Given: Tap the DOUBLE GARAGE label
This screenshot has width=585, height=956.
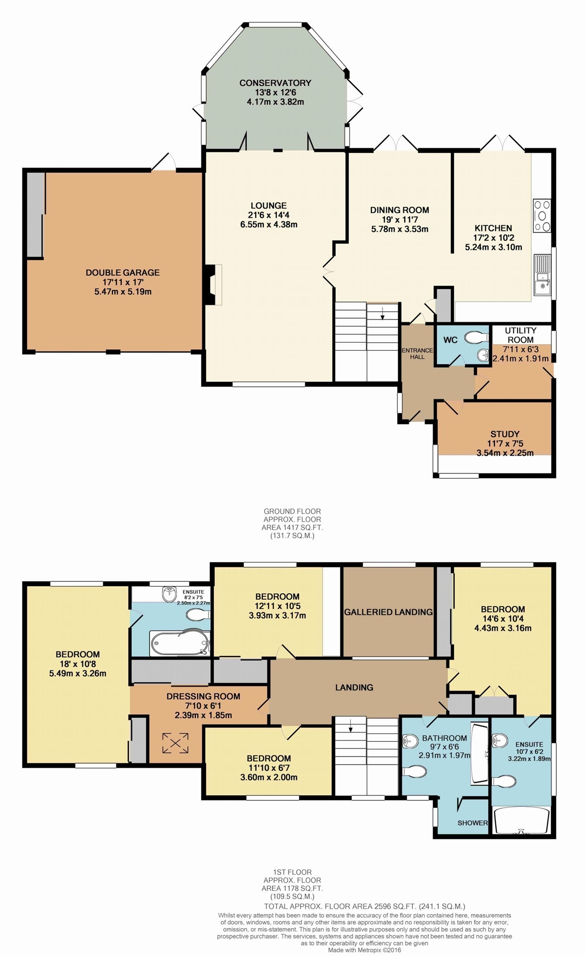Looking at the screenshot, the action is [x=123, y=272].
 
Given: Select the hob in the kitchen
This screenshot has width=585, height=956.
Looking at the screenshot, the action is [x=542, y=216].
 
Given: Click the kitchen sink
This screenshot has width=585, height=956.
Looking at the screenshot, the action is [x=542, y=275].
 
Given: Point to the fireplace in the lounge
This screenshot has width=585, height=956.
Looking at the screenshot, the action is [x=213, y=284].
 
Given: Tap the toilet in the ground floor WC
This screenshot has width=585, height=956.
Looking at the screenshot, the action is [x=476, y=338].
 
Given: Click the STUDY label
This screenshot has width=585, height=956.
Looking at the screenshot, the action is [x=505, y=434].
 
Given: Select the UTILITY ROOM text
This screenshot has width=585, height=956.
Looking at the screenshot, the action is [x=520, y=335].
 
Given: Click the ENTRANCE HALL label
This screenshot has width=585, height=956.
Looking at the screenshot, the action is [x=417, y=354].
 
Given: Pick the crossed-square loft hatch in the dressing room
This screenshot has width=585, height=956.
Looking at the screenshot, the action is [x=175, y=743].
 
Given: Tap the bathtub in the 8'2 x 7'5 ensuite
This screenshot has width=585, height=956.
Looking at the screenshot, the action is [x=180, y=643].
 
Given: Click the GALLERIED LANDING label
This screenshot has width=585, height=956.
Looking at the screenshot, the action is [x=388, y=612].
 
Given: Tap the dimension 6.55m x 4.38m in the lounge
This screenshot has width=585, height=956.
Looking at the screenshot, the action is [x=269, y=225].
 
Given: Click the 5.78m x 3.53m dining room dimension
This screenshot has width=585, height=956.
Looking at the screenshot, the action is [x=400, y=229].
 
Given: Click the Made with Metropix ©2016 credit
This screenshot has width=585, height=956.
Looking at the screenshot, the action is [x=365, y=950].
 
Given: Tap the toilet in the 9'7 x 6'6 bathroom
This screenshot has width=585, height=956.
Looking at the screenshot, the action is [x=415, y=771].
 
